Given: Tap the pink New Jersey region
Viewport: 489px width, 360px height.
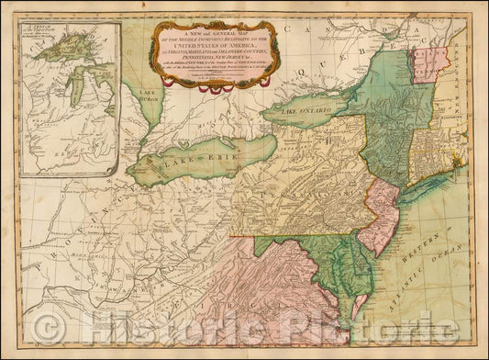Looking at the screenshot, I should (x=378, y=216).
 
